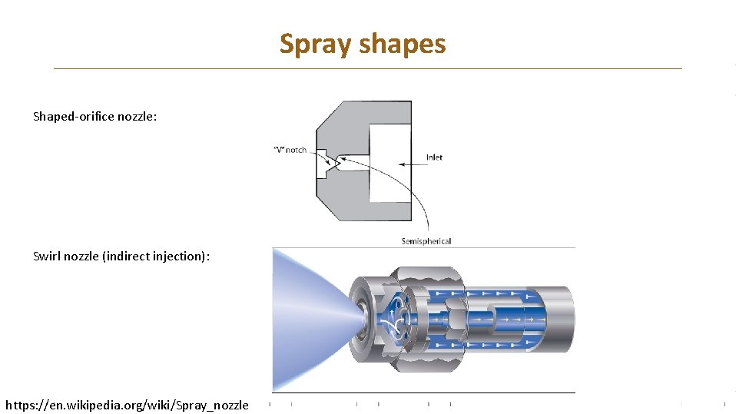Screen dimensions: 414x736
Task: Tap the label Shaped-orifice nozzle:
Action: click(94, 117)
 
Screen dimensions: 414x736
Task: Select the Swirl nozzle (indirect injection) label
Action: click(121, 256)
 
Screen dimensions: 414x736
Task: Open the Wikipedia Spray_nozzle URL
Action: click(127, 405)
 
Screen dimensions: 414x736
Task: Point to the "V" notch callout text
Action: click(290, 150)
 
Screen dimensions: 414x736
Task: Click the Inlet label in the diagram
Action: click(434, 157)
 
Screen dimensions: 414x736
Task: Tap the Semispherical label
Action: click(426, 241)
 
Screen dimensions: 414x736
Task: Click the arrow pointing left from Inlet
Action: click(408, 162)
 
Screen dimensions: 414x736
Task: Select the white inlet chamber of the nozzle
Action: click(390, 162)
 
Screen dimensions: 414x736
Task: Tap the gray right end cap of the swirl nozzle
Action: click(559, 319)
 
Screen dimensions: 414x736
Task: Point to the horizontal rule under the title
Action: click(367, 69)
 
